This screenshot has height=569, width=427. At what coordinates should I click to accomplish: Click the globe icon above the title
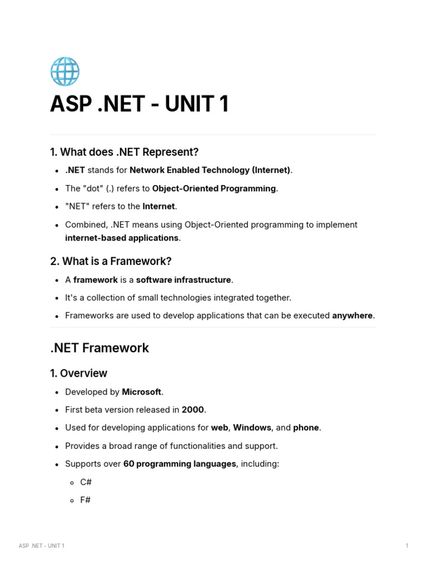[65, 71]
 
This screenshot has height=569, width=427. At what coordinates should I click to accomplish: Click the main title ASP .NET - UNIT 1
[139, 104]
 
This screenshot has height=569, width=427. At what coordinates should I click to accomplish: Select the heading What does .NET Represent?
[124, 152]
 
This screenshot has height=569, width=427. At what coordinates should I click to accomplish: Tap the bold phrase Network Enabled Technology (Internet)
[210, 170]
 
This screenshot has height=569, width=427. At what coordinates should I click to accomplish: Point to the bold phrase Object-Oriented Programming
[213, 188]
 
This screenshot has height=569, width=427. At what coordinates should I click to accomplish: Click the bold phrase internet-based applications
[122, 238]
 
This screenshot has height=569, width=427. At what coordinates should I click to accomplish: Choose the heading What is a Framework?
[111, 261]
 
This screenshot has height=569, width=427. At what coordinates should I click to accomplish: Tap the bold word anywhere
[352, 316]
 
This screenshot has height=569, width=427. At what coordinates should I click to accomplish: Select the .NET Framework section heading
[100, 348]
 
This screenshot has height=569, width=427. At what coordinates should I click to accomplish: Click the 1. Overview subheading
[78, 373]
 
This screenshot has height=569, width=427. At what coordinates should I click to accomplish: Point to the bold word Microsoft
[141, 392]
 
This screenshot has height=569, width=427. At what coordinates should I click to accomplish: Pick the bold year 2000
[193, 410]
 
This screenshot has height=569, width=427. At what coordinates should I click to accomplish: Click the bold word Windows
[252, 428]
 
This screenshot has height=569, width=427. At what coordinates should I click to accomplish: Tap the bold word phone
[306, 428]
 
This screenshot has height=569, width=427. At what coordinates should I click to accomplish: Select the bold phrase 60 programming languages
[180, 464]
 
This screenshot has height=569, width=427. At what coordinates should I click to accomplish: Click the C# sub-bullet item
[86, 482]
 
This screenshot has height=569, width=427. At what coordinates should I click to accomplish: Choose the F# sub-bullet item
[85, 500]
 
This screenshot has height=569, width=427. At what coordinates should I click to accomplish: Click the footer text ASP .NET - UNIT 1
[41, 546]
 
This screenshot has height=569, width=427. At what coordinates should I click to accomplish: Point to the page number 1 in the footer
[407, 546]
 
